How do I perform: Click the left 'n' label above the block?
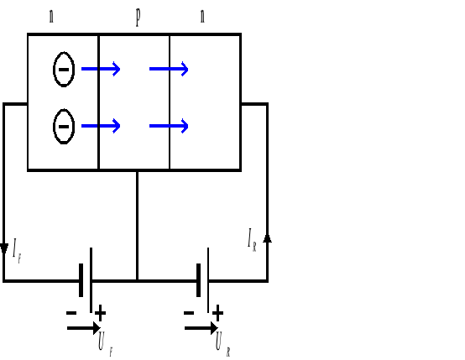point(52,16)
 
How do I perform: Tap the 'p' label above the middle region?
point(137,17)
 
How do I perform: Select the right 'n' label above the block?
point(202,16)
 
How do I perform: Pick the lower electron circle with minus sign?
point(64,127)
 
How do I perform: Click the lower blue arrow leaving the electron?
point(101,127)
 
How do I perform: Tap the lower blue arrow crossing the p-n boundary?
point(169,127)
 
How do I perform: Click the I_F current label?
point(17,249)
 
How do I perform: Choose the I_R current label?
point(252,243)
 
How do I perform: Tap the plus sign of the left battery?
point(101,313)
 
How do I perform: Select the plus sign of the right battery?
point(218,313)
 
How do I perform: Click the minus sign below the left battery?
point(71,313)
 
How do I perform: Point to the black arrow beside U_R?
point(201,329)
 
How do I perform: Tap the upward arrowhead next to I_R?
point(268,240)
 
